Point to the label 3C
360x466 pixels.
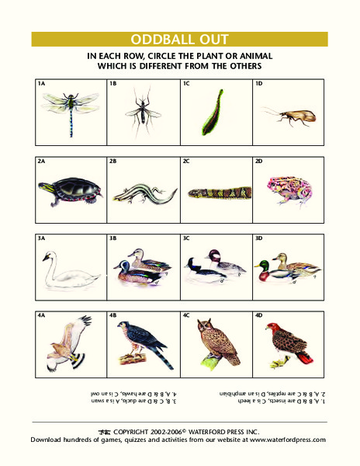[x=186, y=238]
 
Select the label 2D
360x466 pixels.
[x=259, y=161]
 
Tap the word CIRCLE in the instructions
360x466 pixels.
[x=169, y=57]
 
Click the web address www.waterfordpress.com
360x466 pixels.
[x=287, y=439]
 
